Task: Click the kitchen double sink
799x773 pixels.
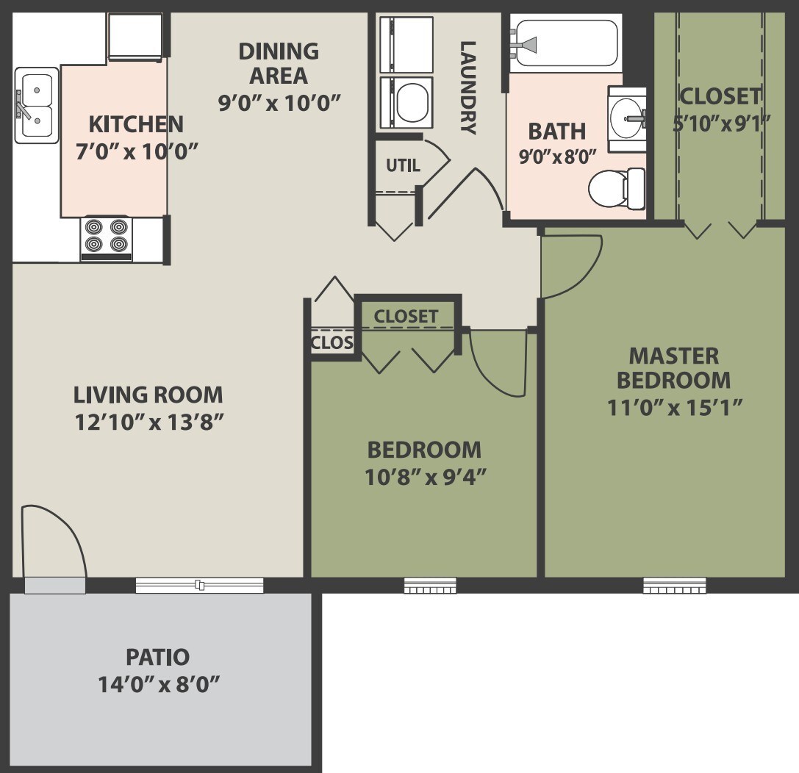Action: tap(36, 105)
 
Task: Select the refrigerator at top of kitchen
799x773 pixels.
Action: tap(135, 36)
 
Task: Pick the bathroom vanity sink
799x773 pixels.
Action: tap(627, 118)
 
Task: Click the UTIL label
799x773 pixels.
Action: tap(403, 165)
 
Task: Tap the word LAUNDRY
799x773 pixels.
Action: tap(467, 87)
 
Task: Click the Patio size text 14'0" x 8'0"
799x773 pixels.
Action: tap(160, 685)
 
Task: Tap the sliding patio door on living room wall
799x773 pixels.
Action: tap(199, 585)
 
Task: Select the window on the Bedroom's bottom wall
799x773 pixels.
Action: tap(430, 586)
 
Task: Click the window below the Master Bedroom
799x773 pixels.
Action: tap(674, 586)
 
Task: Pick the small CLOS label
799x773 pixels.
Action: tap(332, 342)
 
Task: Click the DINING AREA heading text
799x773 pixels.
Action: tap(279, 63)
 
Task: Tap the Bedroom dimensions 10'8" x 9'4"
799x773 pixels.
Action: tap(426, 477)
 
